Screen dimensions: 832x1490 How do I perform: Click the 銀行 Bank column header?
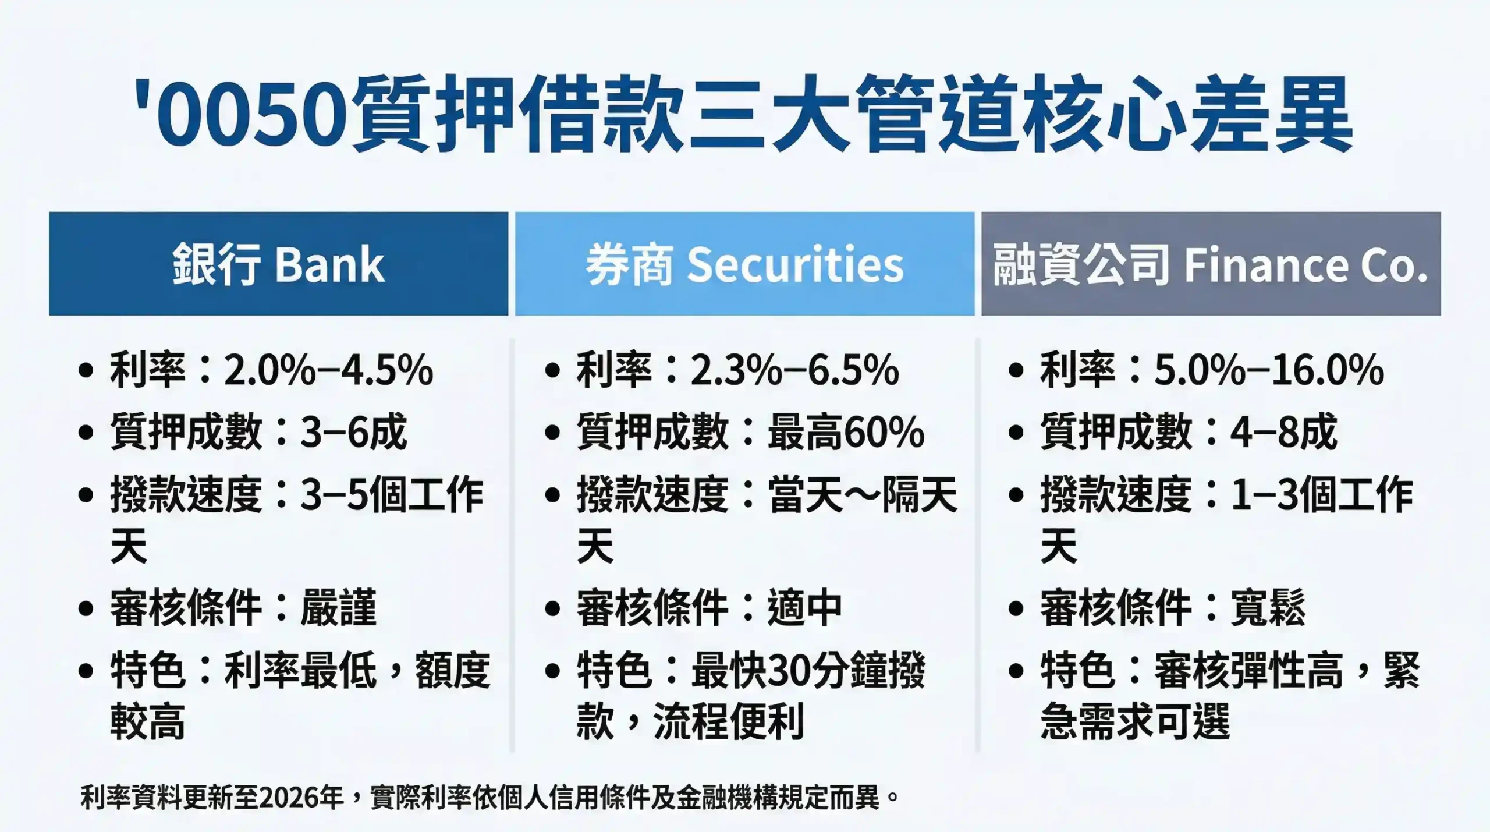pos(278,264)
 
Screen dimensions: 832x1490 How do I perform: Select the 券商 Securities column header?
pos(744,264)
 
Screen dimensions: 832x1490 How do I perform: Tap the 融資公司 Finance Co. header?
pos(1211,264)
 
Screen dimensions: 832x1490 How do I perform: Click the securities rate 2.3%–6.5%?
pos(795,370)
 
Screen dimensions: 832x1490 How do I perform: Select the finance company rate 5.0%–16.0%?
pos(1269,370)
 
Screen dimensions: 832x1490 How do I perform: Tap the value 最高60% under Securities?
pos(846,433)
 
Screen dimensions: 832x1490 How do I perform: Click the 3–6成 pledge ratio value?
pos(353,433)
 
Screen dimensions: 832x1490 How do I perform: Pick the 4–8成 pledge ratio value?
pos(1283,433)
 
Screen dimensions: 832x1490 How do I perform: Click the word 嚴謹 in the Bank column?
pos(338,608)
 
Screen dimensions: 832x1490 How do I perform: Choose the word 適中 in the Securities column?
pos(805,608)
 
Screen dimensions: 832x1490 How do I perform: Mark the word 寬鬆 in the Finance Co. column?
pos(1268,608)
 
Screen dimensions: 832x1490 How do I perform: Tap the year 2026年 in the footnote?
pos(301,797)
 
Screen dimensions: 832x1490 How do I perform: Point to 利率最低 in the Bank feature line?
pos(300,671)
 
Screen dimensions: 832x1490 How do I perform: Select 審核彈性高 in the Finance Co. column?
pos(1248,671)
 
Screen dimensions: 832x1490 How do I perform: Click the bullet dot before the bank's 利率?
pos(86,371)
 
